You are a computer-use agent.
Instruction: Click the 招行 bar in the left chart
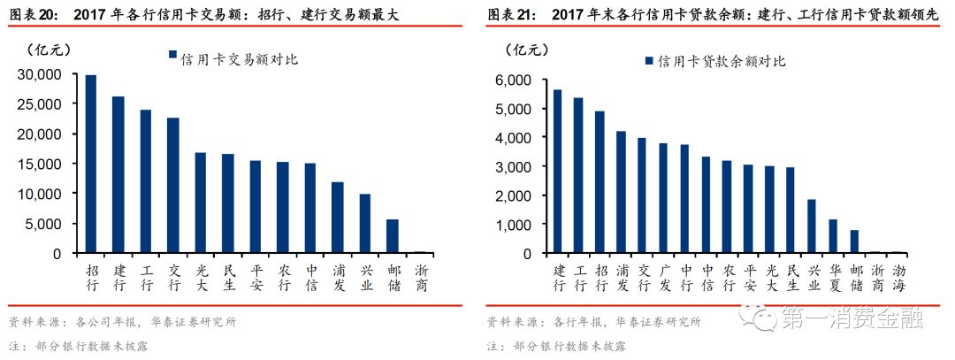click(x=91, y=164)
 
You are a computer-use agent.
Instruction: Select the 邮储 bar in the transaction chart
click(x=393, y=236)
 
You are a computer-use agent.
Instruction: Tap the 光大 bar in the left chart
click(x=201, y=203)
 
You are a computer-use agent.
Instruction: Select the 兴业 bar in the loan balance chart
click(x=811, y=226)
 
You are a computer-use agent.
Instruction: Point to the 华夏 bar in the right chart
click(x=833, y=236)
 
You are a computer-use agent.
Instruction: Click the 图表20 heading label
click(x=32, y=13)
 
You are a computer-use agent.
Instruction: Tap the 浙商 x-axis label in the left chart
click(x=420, y=277)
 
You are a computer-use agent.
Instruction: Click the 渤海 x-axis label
click(x=897, y=277)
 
